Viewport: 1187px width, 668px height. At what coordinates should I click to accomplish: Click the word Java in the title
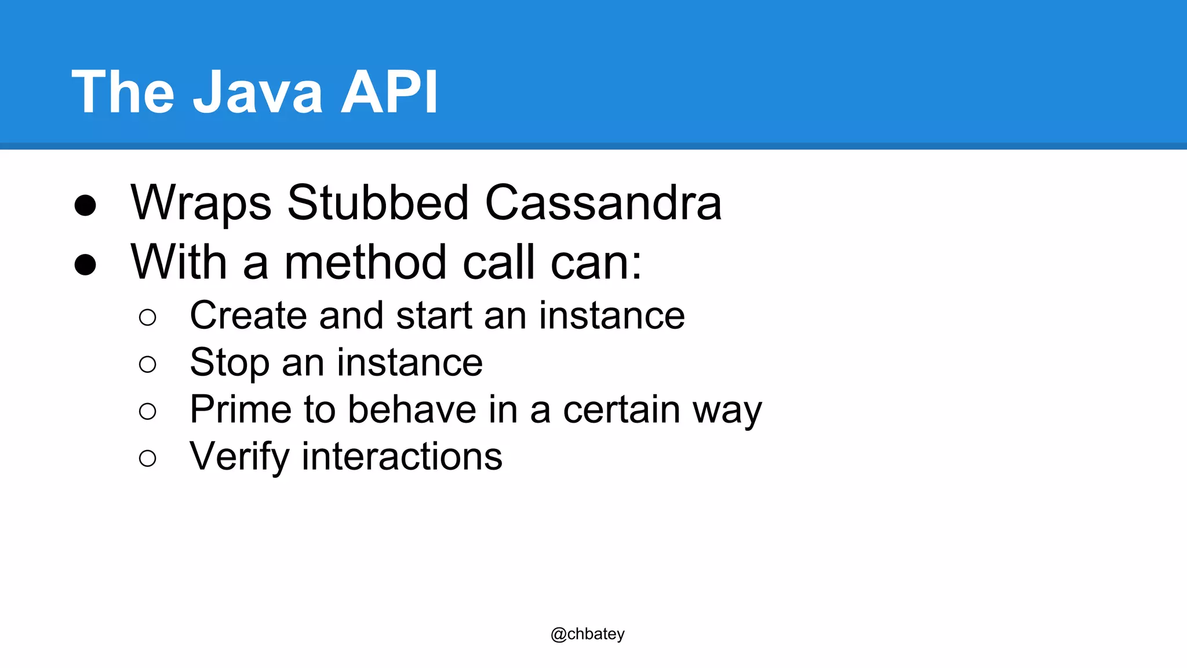tap(257, 92)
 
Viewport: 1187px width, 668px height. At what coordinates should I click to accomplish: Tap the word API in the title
tap(389, 92)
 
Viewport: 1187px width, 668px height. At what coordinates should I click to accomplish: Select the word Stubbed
tap(378, 203)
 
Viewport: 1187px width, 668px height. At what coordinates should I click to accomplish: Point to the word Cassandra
tap(603, 203)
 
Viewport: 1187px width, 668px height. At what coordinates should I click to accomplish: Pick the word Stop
tap(230, 363)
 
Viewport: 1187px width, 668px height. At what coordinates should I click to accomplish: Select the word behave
tap(412, 410)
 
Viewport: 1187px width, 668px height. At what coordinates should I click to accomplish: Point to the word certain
tap(621, 410)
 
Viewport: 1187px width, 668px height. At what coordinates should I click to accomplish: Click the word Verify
tap(239, 457)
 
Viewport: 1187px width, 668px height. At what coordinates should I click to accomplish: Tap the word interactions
tap(402, 457)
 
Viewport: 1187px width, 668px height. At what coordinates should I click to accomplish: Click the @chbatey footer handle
tap(587, 634)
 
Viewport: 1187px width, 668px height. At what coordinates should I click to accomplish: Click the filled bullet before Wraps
tap(85, 205)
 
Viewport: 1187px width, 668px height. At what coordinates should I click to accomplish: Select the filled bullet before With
tap(85, 264)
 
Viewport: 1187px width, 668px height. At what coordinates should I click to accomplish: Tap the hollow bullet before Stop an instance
tap(148, 365)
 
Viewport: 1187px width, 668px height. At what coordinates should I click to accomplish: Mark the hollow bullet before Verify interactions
tap(148, 459)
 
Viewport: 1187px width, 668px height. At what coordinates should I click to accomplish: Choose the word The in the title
tap(123, 92)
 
